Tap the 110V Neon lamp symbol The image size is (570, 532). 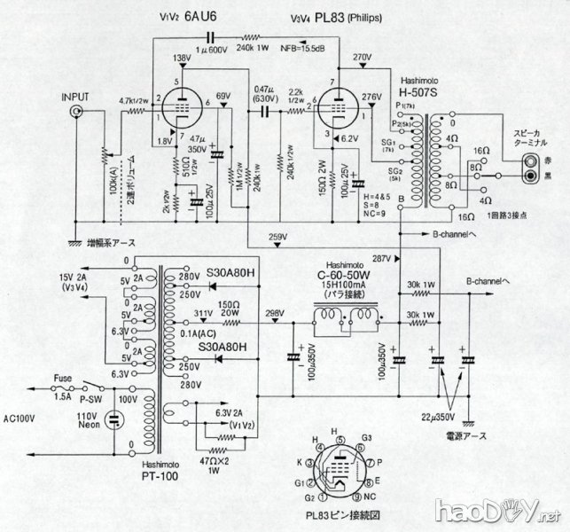click(113, 421)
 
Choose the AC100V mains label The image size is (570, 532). click(21, 417)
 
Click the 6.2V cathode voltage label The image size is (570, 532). click(348, 138)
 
